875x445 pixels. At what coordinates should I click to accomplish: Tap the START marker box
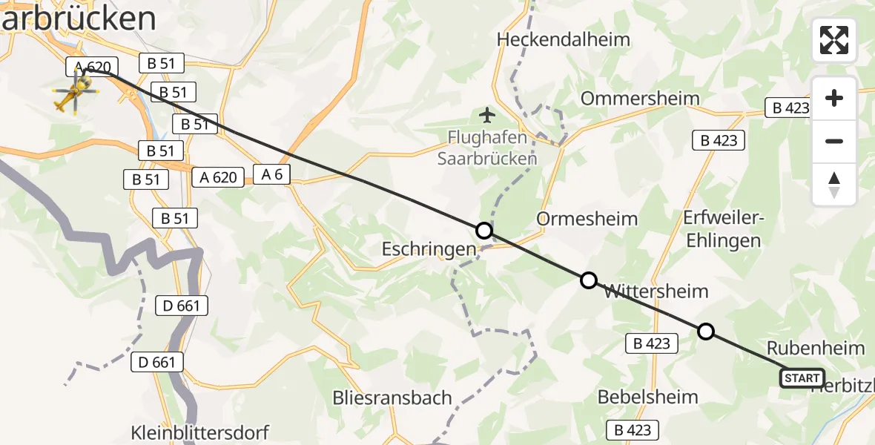tap(802, 378)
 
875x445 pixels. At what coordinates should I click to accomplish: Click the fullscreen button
tap(834, 40)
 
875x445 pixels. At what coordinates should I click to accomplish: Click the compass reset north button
tap(834, 185)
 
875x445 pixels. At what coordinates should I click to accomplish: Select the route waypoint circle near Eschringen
tap(483, 231)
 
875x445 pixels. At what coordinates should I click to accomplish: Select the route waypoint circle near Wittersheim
tap(588, 280)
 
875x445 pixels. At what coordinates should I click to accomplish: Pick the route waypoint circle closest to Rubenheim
tap(706, 331)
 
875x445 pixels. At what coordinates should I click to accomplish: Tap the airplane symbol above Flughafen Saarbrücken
tap(487, 115)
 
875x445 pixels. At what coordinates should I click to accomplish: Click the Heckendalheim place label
tap(564, 39)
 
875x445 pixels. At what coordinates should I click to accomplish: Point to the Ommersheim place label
tap(640, 99)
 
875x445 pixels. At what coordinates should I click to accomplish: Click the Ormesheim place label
tap(587, 219)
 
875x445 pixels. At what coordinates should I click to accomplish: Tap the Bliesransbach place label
tap(392, 398)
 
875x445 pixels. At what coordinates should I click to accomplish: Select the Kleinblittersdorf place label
tap(199, 432)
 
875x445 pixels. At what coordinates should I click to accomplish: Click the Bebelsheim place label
tap(647, 397)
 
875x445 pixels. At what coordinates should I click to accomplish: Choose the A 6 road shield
tap(271, 175)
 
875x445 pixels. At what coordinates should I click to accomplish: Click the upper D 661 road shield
tap(182, 305)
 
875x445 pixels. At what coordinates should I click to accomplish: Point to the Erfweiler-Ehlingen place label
tap(723, 229)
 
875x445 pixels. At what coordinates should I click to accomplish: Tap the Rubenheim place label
tap(815, 348)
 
